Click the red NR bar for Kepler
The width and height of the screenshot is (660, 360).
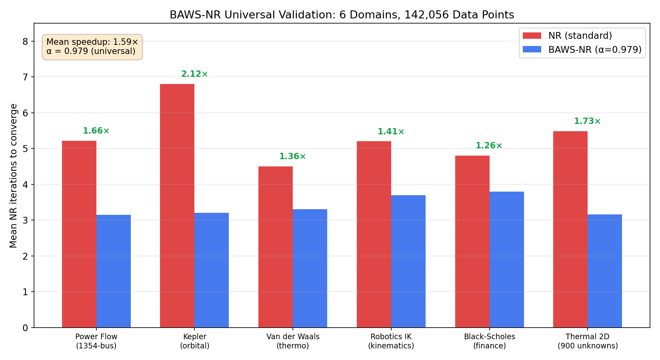coord(177,206)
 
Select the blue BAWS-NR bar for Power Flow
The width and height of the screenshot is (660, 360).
coord(114,271)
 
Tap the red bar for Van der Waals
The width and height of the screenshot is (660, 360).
coord(276,247)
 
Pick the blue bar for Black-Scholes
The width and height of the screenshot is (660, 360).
coord(507,260)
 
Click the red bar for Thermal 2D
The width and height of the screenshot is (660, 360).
coord(570,229)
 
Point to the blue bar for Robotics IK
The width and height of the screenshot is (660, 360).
coord(408,261)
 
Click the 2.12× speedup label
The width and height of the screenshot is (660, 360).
coord(194,74)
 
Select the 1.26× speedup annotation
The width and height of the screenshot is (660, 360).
coord(489,146)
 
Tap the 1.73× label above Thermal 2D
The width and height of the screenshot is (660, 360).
coord(587,122)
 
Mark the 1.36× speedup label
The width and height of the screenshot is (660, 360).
coord(292,157)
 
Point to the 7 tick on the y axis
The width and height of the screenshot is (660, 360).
coord(25,77)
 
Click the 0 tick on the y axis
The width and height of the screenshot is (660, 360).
coord(25,328)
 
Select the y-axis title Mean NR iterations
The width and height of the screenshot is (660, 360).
coord(14,176)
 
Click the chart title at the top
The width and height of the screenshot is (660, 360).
coord(342,15)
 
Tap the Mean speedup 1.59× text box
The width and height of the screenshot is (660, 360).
coord(92,47)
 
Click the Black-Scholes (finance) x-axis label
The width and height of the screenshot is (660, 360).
coord(489,341)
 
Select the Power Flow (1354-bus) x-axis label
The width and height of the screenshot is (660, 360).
coord(96,341)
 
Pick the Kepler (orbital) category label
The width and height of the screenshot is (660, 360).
coord(194,341)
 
